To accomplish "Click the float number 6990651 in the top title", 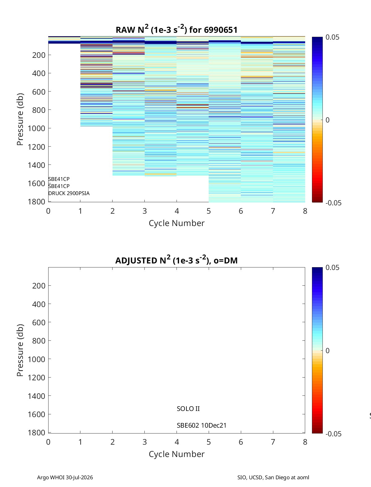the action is click(220, 30).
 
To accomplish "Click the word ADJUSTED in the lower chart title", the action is click(136, 260).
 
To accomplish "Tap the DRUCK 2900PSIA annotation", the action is click(69, 193).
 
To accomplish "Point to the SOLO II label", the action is click(188, 409).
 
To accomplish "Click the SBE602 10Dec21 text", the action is click(202, 425).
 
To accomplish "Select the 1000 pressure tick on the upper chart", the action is click(36, 128).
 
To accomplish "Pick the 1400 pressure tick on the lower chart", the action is click(36, 396).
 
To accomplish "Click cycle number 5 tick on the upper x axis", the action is click(209, 211).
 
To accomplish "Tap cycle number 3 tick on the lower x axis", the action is click(145, 442).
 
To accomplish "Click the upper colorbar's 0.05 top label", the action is click(332, 37).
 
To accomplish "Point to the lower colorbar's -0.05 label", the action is click(334, 434).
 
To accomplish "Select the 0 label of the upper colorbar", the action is click(327, 120).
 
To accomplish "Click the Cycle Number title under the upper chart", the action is click(177, 223).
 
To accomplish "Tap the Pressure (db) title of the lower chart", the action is click(20, 350).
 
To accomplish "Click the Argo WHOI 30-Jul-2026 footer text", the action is click(65, 477).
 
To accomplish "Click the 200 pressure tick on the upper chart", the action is click(39, 55).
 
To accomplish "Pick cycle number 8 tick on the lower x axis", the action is click(305, 442).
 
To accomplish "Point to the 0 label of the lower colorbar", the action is click(327, 351).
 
